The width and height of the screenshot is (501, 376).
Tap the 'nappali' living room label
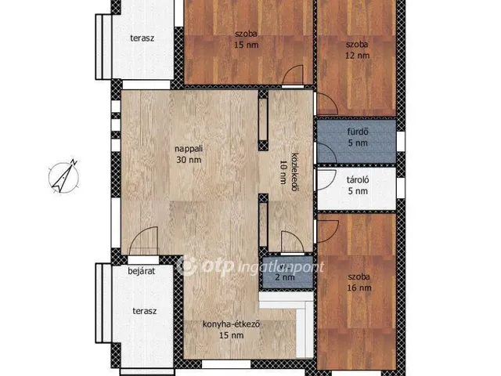click(x=189, y=149)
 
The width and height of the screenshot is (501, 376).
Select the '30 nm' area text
click(x=189, y=160)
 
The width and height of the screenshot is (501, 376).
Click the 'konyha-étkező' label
click(x=231, y=324)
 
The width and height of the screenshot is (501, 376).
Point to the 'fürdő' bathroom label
click(x=358, y=132)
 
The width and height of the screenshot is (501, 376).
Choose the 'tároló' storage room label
click(x=358, y=179)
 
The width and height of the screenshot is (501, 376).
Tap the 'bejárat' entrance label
click(x=141, y=271)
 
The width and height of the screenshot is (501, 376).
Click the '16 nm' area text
click(x=359, y=287)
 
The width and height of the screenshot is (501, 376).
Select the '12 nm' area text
click(x=357, y=56)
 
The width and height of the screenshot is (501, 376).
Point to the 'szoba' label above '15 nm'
click(x=246, y=34)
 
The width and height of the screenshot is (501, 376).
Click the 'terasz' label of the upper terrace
click(x=142, y=38)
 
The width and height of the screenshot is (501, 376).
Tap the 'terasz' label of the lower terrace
click(x=144, y=311)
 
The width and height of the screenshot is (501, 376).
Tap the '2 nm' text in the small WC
click(x=285, y=277)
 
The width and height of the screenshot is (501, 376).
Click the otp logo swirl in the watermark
click(x=186, y=266)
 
